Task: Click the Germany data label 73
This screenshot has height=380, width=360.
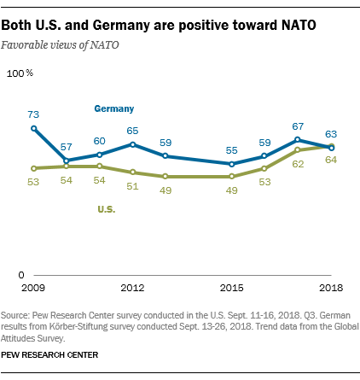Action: click(32, 114)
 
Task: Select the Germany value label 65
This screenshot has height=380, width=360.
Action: click(133, 131)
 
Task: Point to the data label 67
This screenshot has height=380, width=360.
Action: click(298, 126)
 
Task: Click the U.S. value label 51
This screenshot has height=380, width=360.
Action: click(133, 184)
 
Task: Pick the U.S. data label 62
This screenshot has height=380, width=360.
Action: click(298, 164)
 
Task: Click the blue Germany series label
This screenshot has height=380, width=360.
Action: click(113, 109)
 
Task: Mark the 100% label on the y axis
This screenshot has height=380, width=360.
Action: click(20, 74)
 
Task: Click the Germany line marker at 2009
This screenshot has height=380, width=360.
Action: click(33, 129)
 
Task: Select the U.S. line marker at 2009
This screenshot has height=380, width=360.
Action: click(33, 168)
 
